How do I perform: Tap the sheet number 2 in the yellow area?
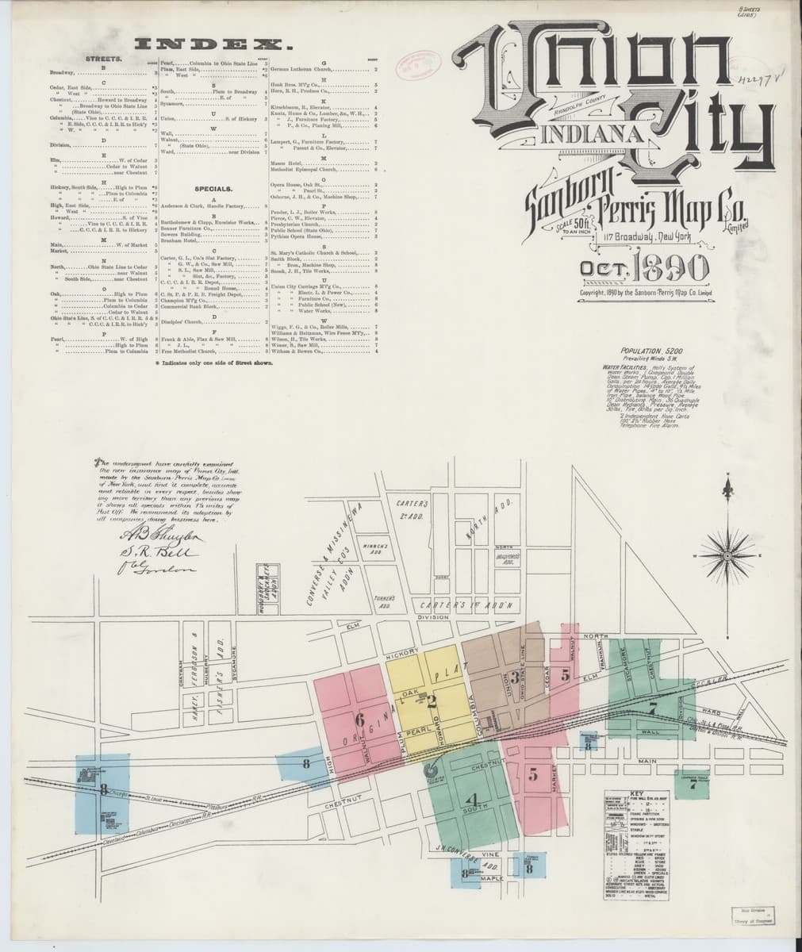point(432,700)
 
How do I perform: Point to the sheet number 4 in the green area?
point(474,799)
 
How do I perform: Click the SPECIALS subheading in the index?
point(210,190)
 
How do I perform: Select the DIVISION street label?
point(433,617)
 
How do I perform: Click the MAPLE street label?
point(492,878)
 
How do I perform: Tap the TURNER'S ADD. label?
point(386,600)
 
